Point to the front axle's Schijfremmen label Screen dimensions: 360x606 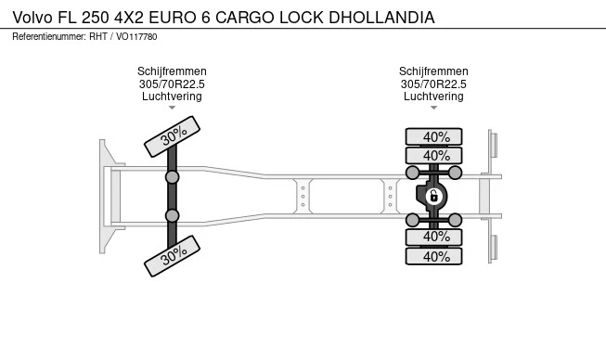[172, 71]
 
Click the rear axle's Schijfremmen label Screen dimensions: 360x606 [433, 71]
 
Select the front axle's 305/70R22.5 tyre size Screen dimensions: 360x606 [172, 84]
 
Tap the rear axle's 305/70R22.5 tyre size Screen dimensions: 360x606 [433, 84]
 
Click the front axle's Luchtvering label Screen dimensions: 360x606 [172, 96]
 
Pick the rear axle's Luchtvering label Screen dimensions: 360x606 [433, 96]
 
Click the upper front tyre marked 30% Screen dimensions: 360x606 [173, 137]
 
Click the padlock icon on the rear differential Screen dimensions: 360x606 [432, 196]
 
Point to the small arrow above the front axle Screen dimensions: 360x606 [172, 108]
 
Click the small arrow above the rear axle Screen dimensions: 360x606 [433, 108]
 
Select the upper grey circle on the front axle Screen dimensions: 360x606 [172, 176]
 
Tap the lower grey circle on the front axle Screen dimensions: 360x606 [172, 215]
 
